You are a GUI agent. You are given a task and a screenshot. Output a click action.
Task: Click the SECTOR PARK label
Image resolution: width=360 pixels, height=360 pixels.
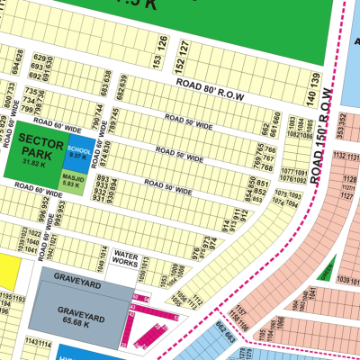33,148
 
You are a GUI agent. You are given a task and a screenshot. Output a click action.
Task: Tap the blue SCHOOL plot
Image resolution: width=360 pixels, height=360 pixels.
77,150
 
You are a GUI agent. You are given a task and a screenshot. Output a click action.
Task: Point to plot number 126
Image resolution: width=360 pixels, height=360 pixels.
163,41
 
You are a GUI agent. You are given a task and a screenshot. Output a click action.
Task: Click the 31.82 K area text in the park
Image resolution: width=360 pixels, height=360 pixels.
33,163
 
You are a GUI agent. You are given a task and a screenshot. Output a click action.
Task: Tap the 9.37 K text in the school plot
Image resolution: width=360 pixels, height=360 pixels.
77,156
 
